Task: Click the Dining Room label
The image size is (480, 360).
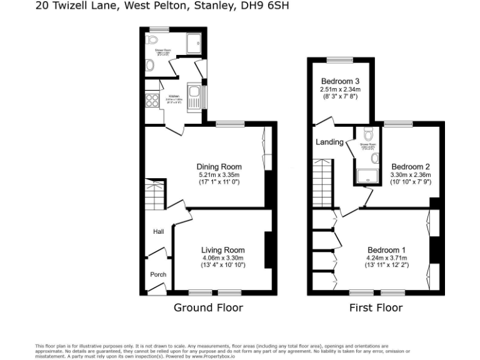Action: point(219,166)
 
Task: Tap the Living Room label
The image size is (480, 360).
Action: point(223,250)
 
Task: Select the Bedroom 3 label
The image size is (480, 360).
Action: point(340,81)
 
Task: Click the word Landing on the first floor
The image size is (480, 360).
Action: point(329,142)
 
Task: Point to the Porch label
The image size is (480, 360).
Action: point(158,274)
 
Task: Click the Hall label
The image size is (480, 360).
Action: point(158,232)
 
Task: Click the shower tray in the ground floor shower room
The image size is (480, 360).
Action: point(192,43)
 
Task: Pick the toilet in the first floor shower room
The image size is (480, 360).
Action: point(368,133)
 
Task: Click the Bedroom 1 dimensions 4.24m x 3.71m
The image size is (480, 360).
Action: point(387,257)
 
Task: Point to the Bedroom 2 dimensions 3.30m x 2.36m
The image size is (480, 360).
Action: point(411,176)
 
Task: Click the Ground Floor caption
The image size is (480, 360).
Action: point(208,307)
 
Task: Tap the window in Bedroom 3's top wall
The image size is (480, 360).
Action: point(340,60)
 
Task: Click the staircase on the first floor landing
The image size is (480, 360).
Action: point(322,183)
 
